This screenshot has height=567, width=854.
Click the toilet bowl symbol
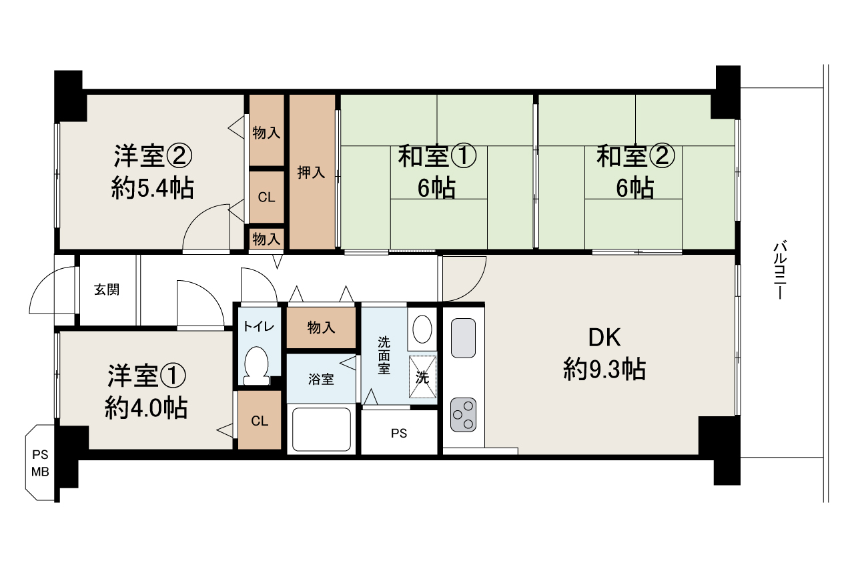click(256, 366)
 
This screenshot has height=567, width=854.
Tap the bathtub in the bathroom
click(322, 430)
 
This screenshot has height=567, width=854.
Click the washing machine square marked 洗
click(422, 377)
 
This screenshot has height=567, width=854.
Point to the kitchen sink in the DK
click(463, 338)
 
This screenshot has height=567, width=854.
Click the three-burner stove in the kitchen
click(463, 415)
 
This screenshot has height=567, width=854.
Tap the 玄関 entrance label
click(107, 290)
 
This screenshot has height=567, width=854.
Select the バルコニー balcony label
click(780, 269)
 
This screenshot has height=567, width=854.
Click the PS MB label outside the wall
click(40, 463)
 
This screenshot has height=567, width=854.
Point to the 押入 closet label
click(311, 173)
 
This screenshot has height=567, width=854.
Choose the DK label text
click(604, 338)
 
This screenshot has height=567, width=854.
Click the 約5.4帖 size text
click(153, 188)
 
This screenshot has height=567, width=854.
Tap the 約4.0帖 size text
click(146, 408)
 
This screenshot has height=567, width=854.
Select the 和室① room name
click(437, 156)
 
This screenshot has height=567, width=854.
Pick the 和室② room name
click(636, 156)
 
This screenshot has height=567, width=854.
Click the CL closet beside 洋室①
click(260, 421)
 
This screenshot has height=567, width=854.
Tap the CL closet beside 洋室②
click(266, 197)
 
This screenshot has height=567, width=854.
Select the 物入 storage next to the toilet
click(321, 328)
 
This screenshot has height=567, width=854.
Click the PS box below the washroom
click(399, 433)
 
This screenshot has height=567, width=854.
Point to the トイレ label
click(258, 327)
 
